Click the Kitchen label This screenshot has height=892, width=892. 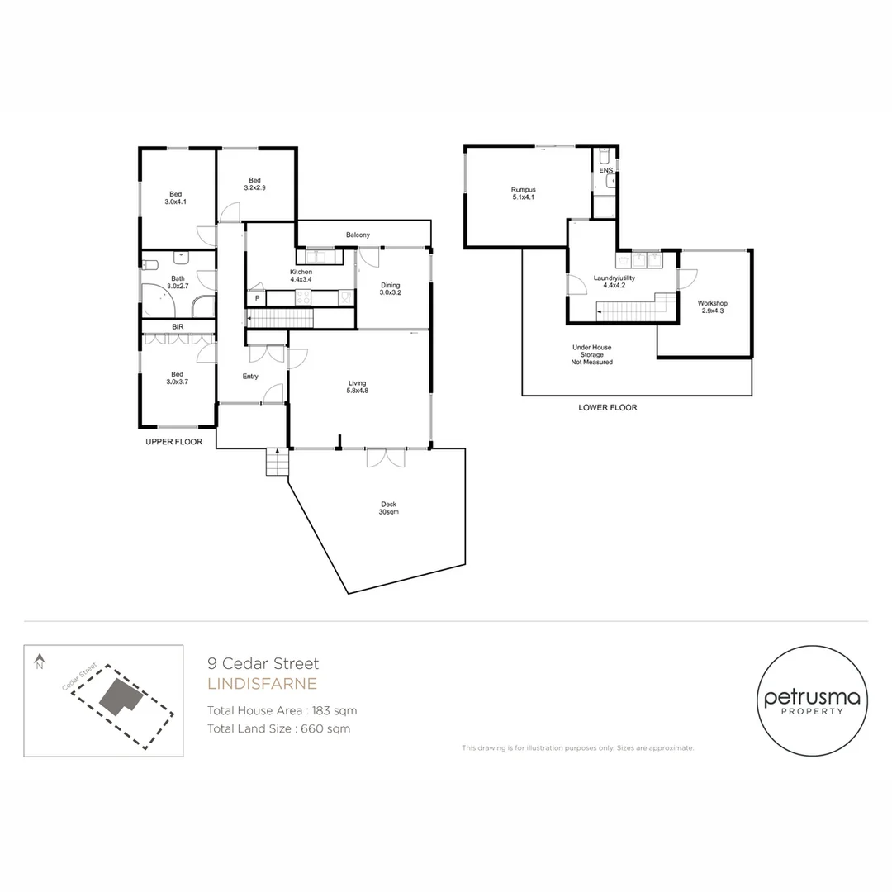tap(301, 276)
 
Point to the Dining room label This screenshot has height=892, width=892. tap(390, 288)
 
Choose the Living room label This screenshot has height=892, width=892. tap(357, 387)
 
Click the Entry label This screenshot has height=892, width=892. tap(250, 377)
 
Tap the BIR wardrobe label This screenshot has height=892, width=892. tap(178, 327)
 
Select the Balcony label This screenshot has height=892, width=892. tap(358, 235)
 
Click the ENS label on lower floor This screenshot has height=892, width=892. tap(606, 171)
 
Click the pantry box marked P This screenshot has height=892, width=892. tap(257, 298)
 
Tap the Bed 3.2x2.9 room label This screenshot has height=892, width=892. tap(255, 184)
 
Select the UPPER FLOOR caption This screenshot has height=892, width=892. tap(173, 442)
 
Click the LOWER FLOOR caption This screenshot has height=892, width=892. tap(609, 407)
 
